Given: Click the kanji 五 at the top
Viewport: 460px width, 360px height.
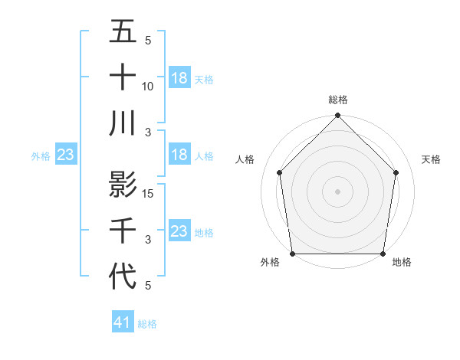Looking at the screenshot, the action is (x=123, y=32).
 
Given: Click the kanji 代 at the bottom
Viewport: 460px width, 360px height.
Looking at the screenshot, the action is (x=123, y=274).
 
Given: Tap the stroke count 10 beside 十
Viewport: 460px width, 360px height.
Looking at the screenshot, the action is (x=148, y=87).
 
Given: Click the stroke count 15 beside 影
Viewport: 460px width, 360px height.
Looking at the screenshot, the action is (x=148, y=194).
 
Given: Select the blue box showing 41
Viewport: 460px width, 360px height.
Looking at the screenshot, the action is (x=123, y=322).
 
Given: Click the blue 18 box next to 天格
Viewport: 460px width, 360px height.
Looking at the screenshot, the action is (x=179, y=77).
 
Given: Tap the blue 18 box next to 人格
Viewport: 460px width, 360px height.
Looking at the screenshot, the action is (x=179, y=155).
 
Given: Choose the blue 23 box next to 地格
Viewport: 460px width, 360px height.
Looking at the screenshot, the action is (x=179, y=231).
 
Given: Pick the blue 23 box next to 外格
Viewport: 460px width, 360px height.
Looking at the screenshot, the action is (x=66, y=155).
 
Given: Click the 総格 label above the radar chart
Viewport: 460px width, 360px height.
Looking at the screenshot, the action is (x=338, y=100).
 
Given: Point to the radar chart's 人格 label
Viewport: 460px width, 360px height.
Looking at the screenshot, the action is (x=245, y=159).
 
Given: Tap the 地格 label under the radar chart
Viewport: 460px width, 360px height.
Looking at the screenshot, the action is (x=402, y=262).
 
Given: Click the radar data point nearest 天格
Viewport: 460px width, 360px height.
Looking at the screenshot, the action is (x=396, y=172).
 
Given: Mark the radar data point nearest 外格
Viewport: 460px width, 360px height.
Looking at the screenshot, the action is (x=293, y=253).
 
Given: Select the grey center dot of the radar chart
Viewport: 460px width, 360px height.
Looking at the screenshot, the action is (x=337, y=191).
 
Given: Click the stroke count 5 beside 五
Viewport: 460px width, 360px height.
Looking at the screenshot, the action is (x=148, y=41).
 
